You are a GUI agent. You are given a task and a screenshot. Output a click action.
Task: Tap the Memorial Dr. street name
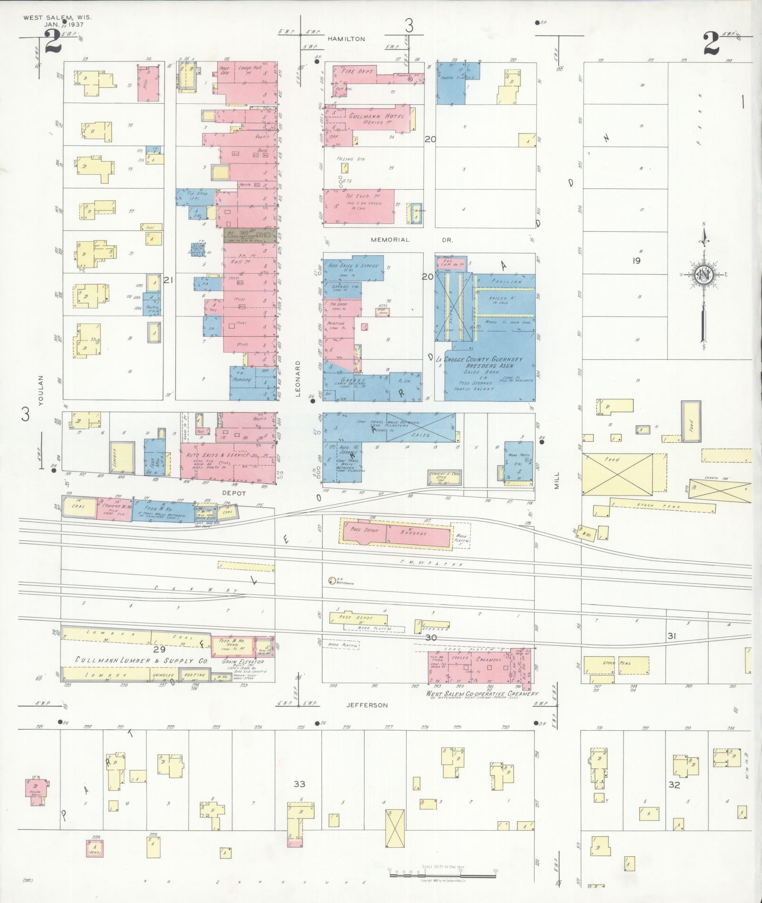tap(411, 240)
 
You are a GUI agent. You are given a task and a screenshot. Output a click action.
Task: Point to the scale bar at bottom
tap(442, 544)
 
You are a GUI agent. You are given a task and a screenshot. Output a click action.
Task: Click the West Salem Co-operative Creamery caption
tap(482, 694)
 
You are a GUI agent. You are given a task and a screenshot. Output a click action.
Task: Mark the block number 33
tap(299, 784)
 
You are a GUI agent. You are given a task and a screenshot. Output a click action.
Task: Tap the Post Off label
tap(225, 71)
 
